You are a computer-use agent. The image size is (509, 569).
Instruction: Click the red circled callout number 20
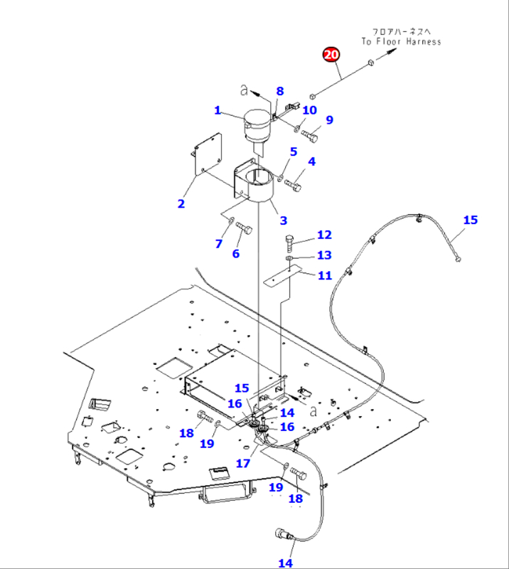(x=332, y=55)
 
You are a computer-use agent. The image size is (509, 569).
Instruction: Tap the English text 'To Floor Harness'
(x=400, y=42)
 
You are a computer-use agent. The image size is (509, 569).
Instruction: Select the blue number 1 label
(x=218, y=110)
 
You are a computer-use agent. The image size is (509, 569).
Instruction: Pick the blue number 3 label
(x=283, y=220)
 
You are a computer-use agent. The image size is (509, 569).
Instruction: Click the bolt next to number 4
(x=294, y=185)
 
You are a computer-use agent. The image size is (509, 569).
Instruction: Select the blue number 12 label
(x=324, y=235)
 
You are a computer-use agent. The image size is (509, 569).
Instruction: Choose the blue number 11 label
(x=324, y=275)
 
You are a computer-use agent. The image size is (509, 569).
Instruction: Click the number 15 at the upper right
(x=471, y=220)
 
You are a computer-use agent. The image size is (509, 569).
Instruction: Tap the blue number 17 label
(x=243, y=462)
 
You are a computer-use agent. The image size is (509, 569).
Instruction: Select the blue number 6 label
(x=236, y=254)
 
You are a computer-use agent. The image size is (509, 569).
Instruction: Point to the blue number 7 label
(x=218, y=244)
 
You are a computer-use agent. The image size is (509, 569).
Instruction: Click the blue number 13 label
(x=324, y=255)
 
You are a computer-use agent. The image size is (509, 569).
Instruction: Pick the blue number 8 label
(x=279, y=91)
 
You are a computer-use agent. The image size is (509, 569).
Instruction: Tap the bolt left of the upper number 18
(x=204, y=418)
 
